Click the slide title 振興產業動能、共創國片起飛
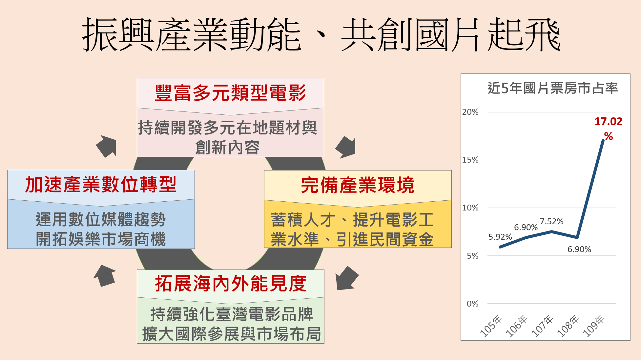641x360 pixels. coord(321,35)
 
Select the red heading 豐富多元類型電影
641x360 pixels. coord(230,93)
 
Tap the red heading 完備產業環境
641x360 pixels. coord(358,185)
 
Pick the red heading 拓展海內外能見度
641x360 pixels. coord(230,284)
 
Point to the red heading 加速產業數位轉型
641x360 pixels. coord(101,185)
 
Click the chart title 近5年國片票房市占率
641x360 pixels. coord(552,88)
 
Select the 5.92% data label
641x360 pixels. coord(500,237)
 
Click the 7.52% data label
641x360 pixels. coord(551,222)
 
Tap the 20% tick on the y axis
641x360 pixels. coord(470,112)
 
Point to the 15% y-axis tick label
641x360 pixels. coord(470,160)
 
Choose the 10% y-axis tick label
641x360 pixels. coord(470,208)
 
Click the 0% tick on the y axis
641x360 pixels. coord(472,304)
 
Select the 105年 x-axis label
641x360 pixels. coord(491,326)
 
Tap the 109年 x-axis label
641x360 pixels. coord(594,326)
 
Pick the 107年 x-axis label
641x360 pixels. coord(542,326)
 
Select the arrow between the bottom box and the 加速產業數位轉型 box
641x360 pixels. coord(105,275)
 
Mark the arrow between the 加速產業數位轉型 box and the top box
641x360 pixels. coord(107,146)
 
